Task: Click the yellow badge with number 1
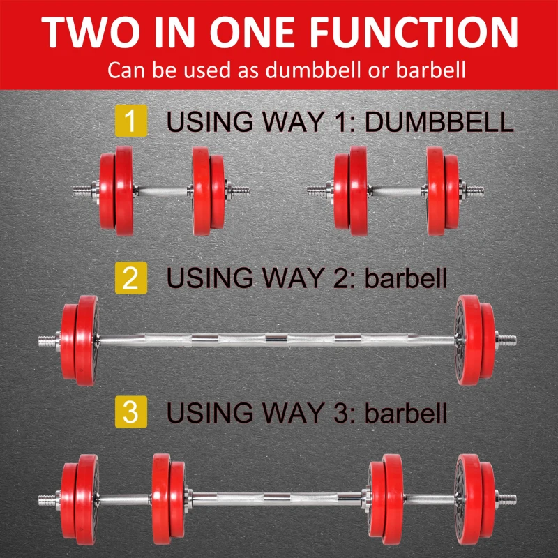[130, 121]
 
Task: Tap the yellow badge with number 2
[130, 278]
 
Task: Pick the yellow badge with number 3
[130, 411]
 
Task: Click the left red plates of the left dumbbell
[112, 190]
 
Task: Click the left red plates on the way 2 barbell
[81, 340]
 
